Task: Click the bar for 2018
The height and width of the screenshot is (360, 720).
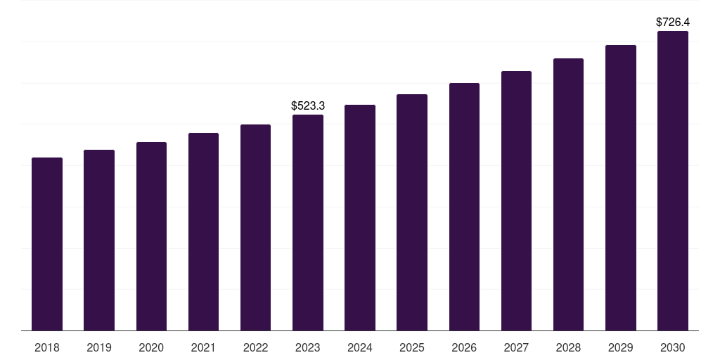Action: point(47,244)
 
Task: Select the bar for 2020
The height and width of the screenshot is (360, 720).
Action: point(151,236)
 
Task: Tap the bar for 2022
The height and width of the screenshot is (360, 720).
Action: point(255,227)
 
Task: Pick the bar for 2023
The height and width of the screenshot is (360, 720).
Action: point(308,222)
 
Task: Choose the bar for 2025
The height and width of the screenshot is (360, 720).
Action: point(412,212)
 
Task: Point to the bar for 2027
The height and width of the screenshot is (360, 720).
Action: point(516,200)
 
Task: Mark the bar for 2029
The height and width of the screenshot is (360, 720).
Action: point(621,188)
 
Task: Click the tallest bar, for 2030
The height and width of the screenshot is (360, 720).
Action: point(673,181)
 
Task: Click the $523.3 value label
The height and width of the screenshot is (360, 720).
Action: point(308,105)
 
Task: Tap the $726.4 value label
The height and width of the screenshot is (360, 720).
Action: point(673,22)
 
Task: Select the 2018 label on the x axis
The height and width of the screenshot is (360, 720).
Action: point(47,347)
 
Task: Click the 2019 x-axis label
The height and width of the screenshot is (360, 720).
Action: point(99,347)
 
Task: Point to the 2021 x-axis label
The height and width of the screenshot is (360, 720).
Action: point(203,347)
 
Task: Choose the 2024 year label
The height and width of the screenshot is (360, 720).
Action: point(360,347)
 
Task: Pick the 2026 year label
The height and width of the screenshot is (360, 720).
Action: point(464,347)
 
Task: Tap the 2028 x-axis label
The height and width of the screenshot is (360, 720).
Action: point(568,347)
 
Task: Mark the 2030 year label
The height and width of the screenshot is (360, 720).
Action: point(673,347)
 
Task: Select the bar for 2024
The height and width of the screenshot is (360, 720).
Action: point(360,217)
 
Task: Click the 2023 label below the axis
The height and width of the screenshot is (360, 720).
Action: point(308,347)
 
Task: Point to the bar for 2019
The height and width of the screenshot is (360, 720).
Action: point(99,240)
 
